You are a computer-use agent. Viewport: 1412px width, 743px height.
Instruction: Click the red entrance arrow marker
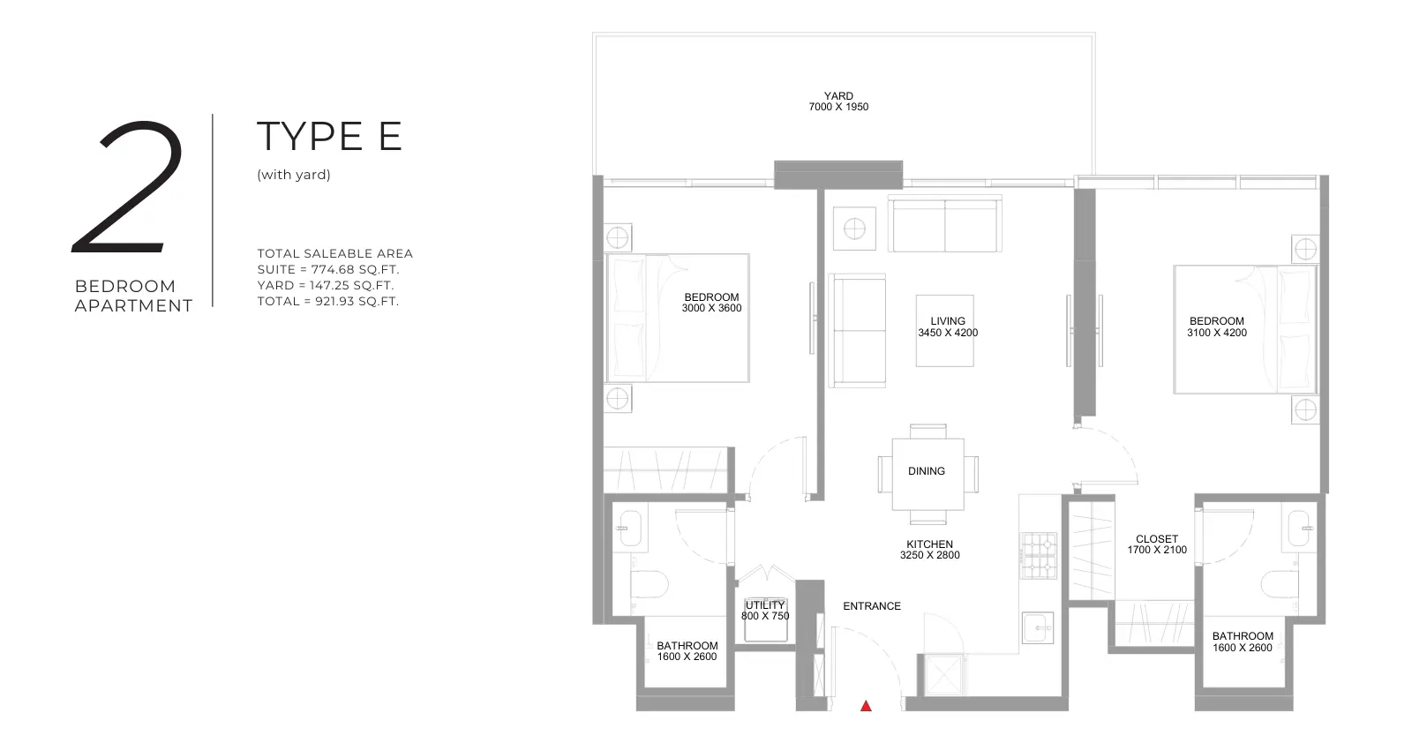click(866, 707)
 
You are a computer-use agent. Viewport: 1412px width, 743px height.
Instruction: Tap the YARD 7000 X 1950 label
click(838, 101)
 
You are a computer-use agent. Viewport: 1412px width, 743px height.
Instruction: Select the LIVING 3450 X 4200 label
click(948, 327)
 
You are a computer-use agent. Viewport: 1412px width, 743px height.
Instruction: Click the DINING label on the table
click(926, 470)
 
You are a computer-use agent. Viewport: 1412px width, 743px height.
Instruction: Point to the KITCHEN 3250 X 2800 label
click(930, 550)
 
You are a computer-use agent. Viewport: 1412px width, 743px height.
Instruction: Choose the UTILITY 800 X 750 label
click(765, 611)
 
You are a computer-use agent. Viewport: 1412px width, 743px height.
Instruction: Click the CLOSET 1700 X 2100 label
click(1157, 544)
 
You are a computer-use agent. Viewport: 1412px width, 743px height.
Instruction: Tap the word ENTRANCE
click(872, 606)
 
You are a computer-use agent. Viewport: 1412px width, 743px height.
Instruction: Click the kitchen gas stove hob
click(1038, 555)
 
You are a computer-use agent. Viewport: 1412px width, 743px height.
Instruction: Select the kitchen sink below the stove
click(1038, 627)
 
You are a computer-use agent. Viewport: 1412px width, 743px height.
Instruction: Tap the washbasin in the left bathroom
click(629, 528)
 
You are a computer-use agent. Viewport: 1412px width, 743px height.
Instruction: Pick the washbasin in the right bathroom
click(1300, 528)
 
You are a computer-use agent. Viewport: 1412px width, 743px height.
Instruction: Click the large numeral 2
click(128, 187)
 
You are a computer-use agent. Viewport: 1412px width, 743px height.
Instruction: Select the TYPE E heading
click(329, 136)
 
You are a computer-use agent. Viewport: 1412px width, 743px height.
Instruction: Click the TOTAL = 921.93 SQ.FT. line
click(327, 301)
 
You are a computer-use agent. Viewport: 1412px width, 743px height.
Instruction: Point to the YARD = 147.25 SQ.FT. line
click(326, 286)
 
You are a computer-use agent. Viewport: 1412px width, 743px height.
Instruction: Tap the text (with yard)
click(294, 175)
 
